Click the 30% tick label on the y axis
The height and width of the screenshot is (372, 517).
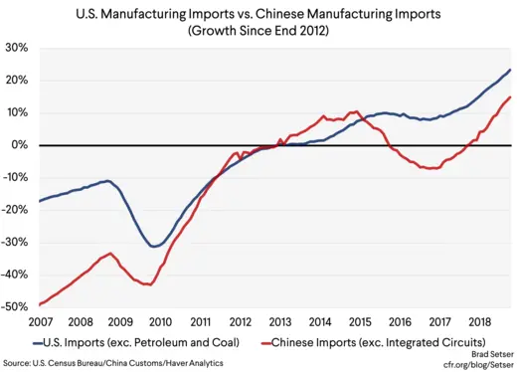(17, 48)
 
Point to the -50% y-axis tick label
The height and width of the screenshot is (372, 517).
(15, 307)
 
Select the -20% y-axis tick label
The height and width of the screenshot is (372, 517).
(15, 210)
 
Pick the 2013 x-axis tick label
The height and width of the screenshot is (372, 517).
(279, 322)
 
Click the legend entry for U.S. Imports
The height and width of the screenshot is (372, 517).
(138, 341)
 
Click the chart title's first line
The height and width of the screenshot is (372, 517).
(258, 14)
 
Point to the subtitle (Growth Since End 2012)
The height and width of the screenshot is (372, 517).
(258, 31)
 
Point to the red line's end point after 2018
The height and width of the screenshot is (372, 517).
(510, 96)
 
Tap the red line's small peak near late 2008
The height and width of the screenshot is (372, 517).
(109, 254)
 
